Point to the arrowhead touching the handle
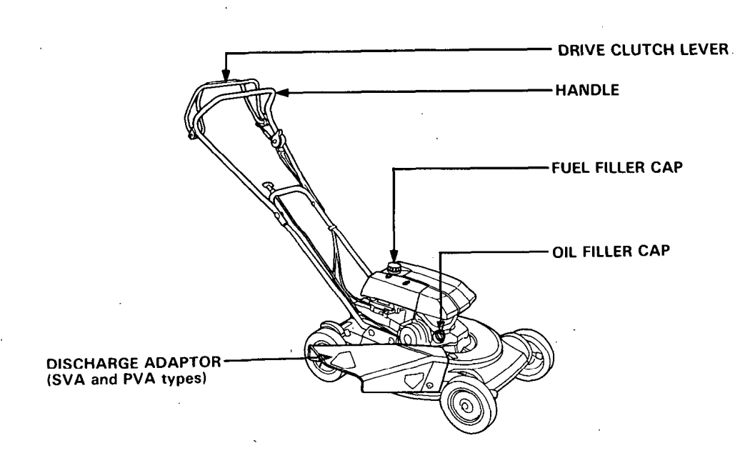[281, 92]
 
